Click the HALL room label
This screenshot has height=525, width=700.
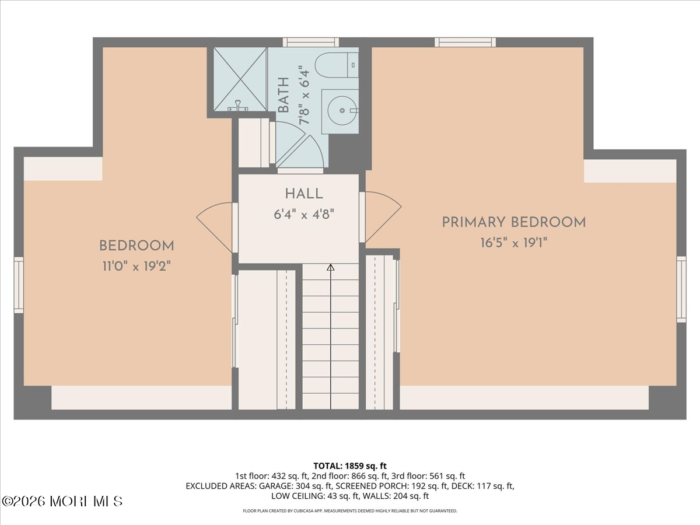pyautogui.click(x=304, y=194)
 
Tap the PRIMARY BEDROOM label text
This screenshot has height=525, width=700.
pyautogui.click(x=514, y=222)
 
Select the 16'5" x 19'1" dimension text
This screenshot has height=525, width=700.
pyautogui.click(x=514, y=243)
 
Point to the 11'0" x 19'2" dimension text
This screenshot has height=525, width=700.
pyautogui.click(x=136, y=266)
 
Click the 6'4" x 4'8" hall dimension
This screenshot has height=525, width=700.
pyautogui.click(x=304, y=214)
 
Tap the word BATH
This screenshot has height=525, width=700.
pyautogui.click(x=283, y=95)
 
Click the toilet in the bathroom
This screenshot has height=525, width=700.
pyautogui.click(x=337, y=65)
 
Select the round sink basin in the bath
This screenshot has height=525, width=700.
pyautogui.click(x=342, y=111)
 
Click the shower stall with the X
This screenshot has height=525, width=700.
pyautogui.click(x=240, y=79)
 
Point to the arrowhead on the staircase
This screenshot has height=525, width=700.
pyautogui.click(x=331, y=267)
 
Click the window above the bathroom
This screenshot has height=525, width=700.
pyautogui.click(x=311, y=42)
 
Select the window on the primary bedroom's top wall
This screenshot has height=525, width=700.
pyautogui.click(x=466, y=42)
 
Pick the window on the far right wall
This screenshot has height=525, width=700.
pyautogui.click(x=681, y=289)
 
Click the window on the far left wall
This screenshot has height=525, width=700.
pyautogui.click(x=19, y=285)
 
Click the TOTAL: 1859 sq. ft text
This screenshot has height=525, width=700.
pyautogui.click(x=350, y=466)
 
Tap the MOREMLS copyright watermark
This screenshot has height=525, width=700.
pyautogui.click(x=62, y=501)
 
